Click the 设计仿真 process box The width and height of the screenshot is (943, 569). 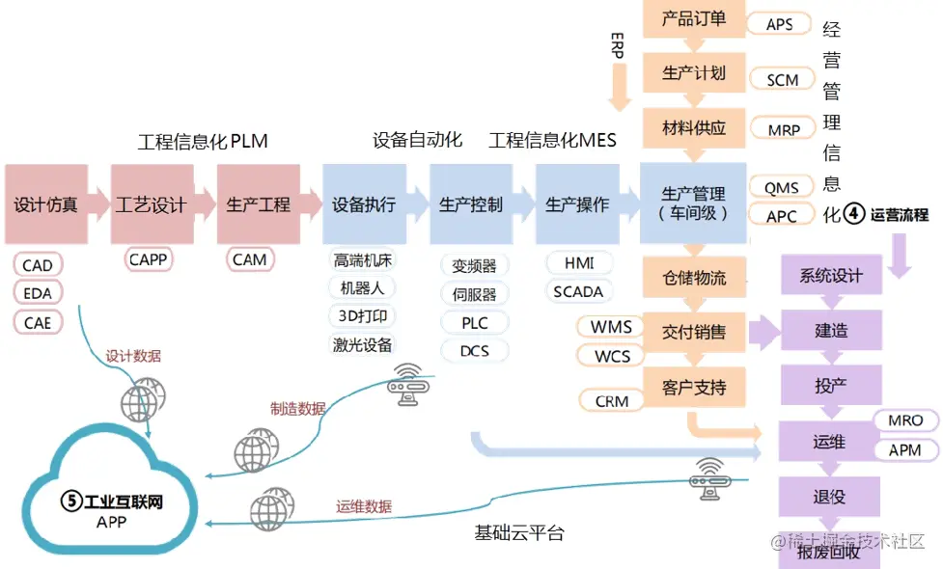[x=46, y=203]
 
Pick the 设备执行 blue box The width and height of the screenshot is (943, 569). [x=364, y=203]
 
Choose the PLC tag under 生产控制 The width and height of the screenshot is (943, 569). [x=475, y=322]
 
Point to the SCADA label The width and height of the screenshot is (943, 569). [x=578, y=291]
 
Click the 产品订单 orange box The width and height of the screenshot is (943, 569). [x=694, y=18]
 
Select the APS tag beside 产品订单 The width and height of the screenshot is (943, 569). [x=780, y=24]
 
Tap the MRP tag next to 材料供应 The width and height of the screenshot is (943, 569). [x=784, y=129]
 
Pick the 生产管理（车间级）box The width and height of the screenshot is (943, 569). [x=693, y=203]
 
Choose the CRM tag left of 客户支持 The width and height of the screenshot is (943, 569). [x=612, y=400]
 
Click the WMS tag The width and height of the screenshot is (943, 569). [x=612, y=327]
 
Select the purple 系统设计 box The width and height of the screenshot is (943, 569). [x=830, y=276]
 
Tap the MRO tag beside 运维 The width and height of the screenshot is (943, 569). [x=905, y=420]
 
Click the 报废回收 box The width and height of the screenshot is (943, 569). [x=830, y=552]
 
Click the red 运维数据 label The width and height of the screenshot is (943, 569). [x=364, y=506]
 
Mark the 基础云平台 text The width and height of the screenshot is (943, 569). [x=519, y=532]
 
